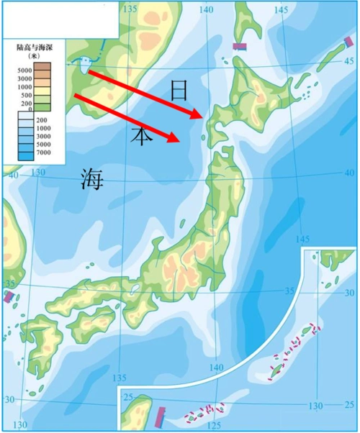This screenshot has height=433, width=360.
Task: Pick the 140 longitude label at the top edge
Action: [x=208, y=9]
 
